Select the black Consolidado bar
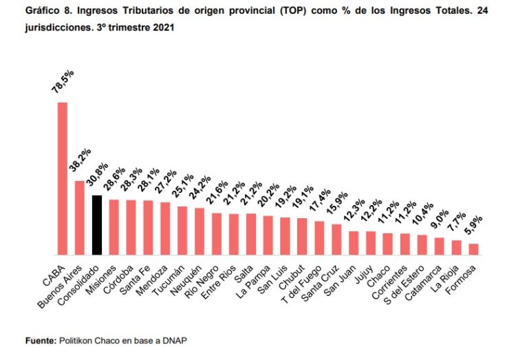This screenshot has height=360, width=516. click(x=96, y=224)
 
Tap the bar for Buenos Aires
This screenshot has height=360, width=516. click(x=79, y=217)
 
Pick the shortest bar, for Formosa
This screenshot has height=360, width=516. click(x=473, y=248)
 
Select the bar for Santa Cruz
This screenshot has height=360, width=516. click(x=336, y=239)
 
